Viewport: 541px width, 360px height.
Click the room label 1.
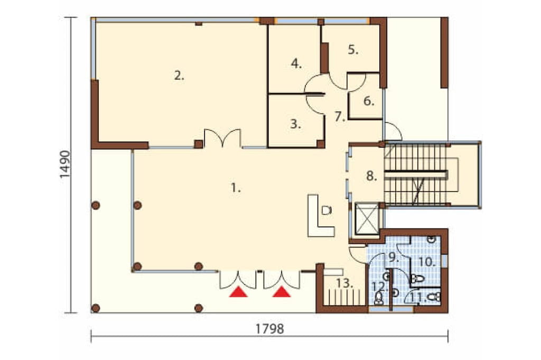click(236, 188)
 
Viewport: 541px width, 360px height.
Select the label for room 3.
click(295, 124)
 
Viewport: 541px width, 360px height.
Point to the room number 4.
click(296, 63)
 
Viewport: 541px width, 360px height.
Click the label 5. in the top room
click(353, 50)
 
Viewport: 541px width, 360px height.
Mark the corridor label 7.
click(340, 117)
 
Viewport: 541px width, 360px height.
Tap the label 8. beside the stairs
click(371, 176)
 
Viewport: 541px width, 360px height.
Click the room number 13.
click(344, 283)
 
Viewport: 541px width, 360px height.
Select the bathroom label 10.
click(427, 262)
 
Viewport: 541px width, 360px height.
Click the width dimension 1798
click(270, 329)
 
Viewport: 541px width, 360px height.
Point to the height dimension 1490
click(65, 165)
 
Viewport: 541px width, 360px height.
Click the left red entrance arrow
click(239, 292)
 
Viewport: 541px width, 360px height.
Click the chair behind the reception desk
click(327, 210)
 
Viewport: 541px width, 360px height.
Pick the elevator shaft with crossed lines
click(367, 219)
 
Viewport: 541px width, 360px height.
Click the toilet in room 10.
click(417, 278)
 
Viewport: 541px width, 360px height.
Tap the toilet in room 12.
click(378, 298)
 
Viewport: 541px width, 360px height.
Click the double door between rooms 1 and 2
click(222, 138)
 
